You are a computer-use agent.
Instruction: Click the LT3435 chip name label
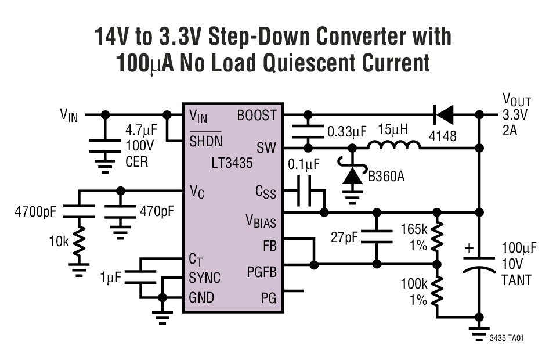[x=232, y=164]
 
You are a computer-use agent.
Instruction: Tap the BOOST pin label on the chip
[x=256, y=115]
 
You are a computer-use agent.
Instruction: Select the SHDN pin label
[x=205, y=140]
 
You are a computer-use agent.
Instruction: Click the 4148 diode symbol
[x=444, y=115]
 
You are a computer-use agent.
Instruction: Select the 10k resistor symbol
[x=78, y=242]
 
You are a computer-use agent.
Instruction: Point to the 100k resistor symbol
[x=439, y=290]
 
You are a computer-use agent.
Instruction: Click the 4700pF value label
[x=35, y=212]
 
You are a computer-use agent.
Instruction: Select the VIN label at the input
[x=68, y=115]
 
